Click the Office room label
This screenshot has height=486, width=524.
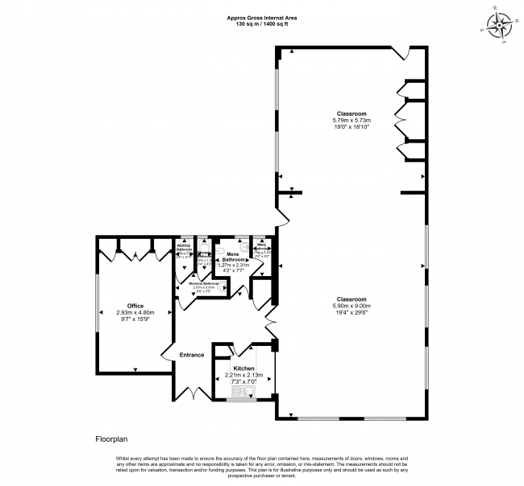135,306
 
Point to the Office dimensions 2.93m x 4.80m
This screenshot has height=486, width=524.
135,312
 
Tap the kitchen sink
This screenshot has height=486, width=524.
242,393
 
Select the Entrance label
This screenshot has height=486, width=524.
192,355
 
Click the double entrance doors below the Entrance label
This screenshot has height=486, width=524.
192,395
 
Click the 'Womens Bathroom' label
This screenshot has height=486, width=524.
204,284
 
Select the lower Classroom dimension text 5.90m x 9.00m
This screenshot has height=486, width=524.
351,306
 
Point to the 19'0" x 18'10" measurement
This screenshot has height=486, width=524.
351,126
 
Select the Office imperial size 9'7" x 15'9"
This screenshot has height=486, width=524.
135,319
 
